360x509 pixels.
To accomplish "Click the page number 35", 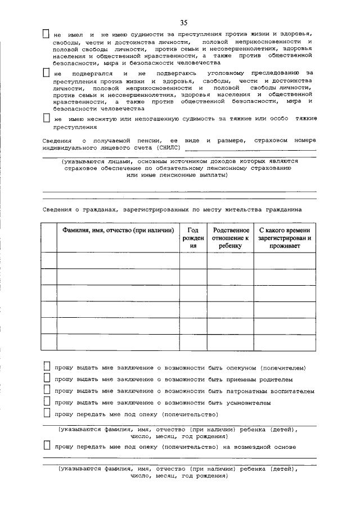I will coord(183,22).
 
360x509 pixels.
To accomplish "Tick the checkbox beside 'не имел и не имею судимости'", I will coord(47,34).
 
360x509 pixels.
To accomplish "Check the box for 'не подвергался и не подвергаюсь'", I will coord(47,74).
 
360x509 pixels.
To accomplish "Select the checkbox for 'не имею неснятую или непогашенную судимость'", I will coord(47,119).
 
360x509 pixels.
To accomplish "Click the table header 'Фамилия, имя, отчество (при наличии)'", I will coord(118,231).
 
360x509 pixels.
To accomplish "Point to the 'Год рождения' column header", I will coord(193,238).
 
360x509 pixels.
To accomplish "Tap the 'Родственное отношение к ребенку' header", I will coord(230,238).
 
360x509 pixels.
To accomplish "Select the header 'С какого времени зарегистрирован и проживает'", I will coord(284,238).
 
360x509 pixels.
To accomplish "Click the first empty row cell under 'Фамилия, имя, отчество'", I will coord(118,260).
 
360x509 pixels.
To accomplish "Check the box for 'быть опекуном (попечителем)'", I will coord(47,367).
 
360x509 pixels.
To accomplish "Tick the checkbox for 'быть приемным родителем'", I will coord(47,379).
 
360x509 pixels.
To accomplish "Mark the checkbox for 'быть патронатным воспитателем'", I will coord(47,391).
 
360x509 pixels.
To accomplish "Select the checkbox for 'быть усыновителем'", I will coord(47,403).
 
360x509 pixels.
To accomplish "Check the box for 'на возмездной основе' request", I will coord(47,446).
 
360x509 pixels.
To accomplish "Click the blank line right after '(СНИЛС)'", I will coord(250,150).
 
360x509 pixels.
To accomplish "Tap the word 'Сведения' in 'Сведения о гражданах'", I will coord(57,209).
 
